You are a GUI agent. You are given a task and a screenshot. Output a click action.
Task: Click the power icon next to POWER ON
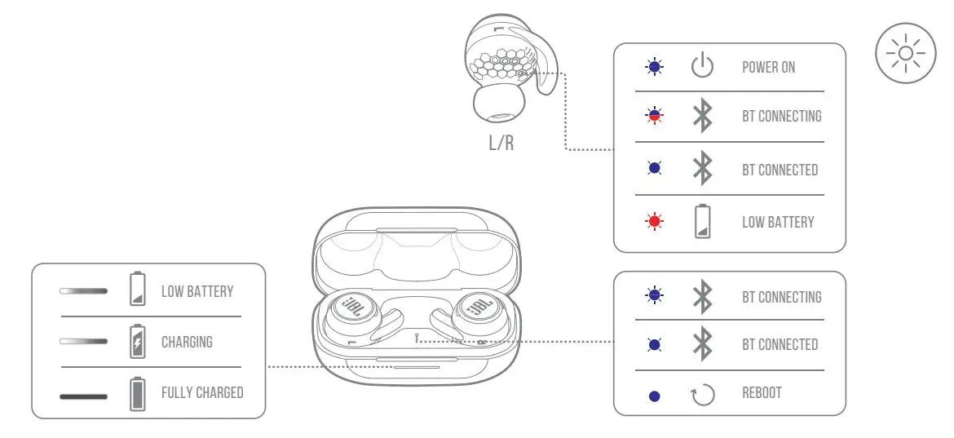(702, 67)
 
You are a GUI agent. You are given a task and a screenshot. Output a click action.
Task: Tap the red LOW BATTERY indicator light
(654, 222)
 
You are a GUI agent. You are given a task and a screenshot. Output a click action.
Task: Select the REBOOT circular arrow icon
(702, 395)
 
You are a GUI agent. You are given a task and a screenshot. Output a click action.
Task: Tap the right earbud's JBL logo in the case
(479, 313)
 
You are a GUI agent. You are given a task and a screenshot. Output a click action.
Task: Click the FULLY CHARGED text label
(202, 392)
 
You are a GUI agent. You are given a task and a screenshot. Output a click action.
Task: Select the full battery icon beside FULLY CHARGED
(138, 393)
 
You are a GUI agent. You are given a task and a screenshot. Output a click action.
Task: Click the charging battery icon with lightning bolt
(138, 342)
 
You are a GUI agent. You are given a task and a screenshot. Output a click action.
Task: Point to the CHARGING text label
(187, 342)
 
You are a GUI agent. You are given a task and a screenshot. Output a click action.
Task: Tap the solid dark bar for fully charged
(83, 396)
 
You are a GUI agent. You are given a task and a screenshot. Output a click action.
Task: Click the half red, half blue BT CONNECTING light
(654, 117)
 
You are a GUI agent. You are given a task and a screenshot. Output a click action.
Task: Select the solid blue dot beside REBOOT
(654, 396)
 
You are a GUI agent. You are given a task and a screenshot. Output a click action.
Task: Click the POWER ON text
(768, 67)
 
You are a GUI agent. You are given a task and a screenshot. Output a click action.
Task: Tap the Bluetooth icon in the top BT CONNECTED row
(702, 170)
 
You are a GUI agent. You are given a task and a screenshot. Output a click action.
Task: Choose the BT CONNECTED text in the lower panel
(780, 344)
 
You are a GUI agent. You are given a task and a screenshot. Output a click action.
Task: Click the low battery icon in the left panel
(138, 290)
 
